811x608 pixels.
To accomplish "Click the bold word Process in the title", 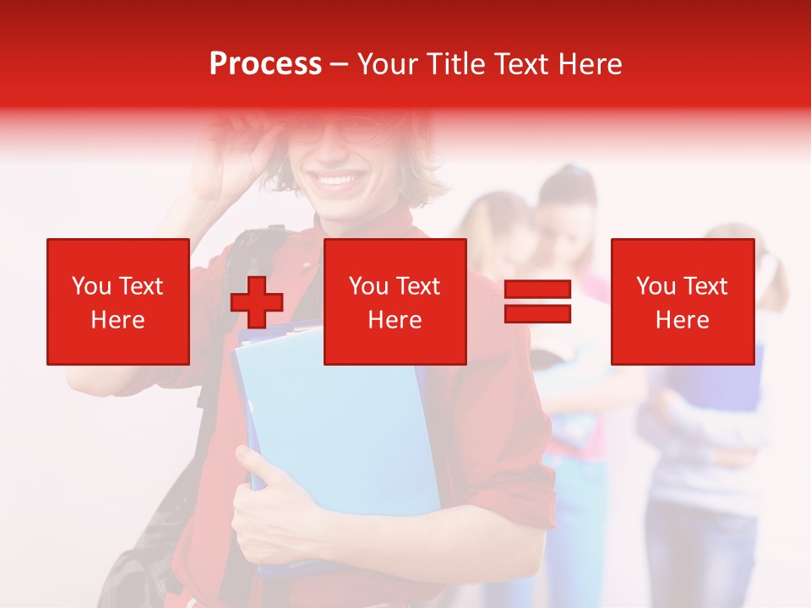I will [265, 64].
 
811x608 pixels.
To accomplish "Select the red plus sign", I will [257, 302].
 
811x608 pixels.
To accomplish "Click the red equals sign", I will [538, 301].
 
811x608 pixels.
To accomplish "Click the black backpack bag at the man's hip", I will [144, 566].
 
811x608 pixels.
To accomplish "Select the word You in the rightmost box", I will [656, 286].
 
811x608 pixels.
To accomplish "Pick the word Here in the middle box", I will [395, 320].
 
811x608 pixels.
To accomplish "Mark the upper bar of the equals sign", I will [538, 290].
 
